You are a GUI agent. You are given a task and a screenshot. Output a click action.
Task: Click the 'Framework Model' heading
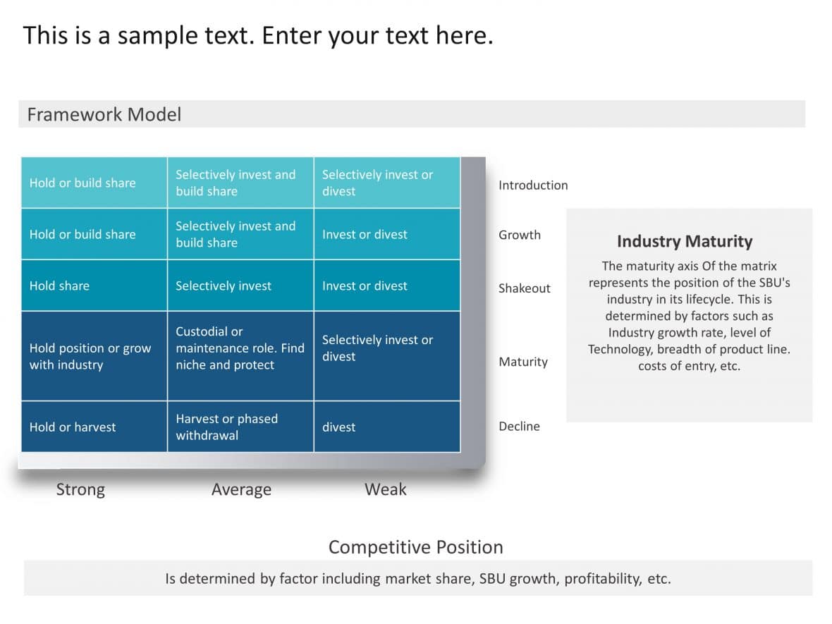click(x=104, y=114)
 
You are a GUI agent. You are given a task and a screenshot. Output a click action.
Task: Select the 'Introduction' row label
click(x=532, y=185)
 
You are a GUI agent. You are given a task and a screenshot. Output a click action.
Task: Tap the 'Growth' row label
click(x=519, y=235)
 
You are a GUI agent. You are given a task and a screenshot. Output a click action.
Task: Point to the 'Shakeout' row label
click(x=524, y=288)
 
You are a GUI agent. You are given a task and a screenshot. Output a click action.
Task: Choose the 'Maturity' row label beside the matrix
click(x=522, y=362)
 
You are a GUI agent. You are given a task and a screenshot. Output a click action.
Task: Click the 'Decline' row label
click(x=519, y=427)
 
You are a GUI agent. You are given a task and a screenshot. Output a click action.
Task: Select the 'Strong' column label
click(x=80, y=489)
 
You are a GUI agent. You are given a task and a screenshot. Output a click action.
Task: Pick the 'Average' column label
click(x=241, y=489)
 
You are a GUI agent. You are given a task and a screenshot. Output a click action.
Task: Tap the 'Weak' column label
click(x=385, y=489)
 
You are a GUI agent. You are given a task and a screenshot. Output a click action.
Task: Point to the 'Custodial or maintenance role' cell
click(x=240, y=348)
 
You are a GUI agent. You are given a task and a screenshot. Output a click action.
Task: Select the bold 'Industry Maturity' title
click(x=684, y=241)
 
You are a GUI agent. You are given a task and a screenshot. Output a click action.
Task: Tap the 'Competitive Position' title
click(x=415, y=547)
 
